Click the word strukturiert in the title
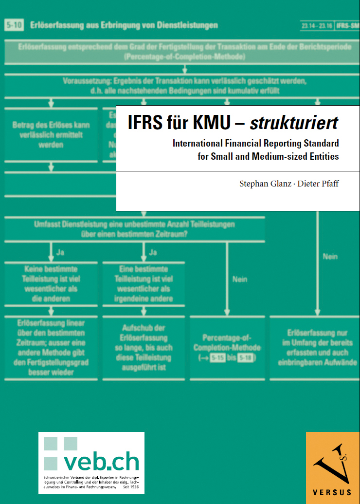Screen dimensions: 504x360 (294, 123)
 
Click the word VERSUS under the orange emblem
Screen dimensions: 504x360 (333, 491)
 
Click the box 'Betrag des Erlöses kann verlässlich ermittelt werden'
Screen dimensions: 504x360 (51, 135)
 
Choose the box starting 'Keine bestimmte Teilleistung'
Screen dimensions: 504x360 (51, 284)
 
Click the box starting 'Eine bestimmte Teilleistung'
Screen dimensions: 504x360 (144, 284)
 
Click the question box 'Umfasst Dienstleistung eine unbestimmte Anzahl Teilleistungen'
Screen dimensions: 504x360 (134, 229)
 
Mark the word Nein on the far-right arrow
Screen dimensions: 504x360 (330, 257)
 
